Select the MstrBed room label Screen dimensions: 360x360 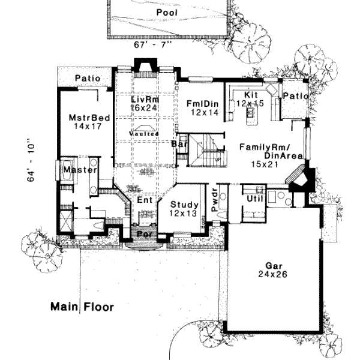click(x=89, y=118)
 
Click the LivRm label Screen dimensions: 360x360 click(x=144, y=99)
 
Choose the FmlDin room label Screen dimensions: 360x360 click(x=202, y=102)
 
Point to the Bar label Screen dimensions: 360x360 click(x=177, y=145)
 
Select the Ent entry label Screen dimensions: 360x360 click(x=145, y=200)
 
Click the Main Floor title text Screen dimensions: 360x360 click(x=82, y=307)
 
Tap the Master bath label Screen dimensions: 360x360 click(x=80, y=170)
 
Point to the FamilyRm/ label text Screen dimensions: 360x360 click(x=263, y=147)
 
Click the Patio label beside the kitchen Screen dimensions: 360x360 click(x=295, y=96)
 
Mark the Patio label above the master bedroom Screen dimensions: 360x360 click(x=87, y=79)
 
